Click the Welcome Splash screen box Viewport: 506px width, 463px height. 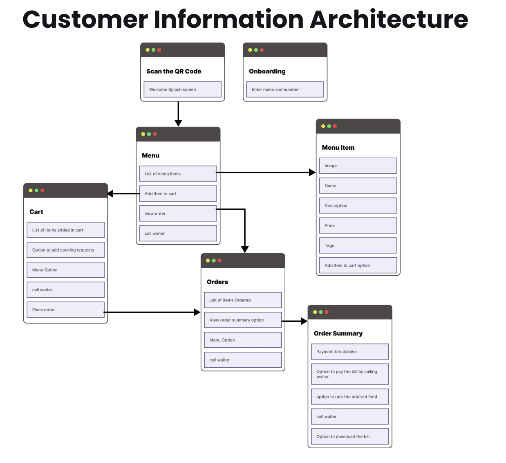point(182,90)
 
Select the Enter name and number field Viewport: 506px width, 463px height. point(285,90)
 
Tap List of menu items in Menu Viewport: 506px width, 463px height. point(178,174)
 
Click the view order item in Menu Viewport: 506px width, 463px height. point(178,214)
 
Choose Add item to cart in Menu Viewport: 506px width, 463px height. point(178,194)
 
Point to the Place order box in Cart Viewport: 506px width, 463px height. point(65,310)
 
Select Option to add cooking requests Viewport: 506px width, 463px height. point(65,250)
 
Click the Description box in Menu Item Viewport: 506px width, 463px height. point(358,206)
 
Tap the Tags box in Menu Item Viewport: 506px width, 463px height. point(358,245)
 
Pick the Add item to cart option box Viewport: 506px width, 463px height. point(358,265)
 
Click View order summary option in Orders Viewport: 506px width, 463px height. point(243,320)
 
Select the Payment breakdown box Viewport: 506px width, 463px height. point(350,352)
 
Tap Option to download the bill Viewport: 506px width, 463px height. point(350,436)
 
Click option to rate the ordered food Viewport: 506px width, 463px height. point(350,397)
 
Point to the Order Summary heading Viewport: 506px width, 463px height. point(338,333)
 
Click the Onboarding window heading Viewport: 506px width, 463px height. point(267,71)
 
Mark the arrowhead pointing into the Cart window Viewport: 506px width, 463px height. point(110,193)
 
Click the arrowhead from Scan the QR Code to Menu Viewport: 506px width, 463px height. point(178,123)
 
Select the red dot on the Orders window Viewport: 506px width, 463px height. point(220,261)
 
